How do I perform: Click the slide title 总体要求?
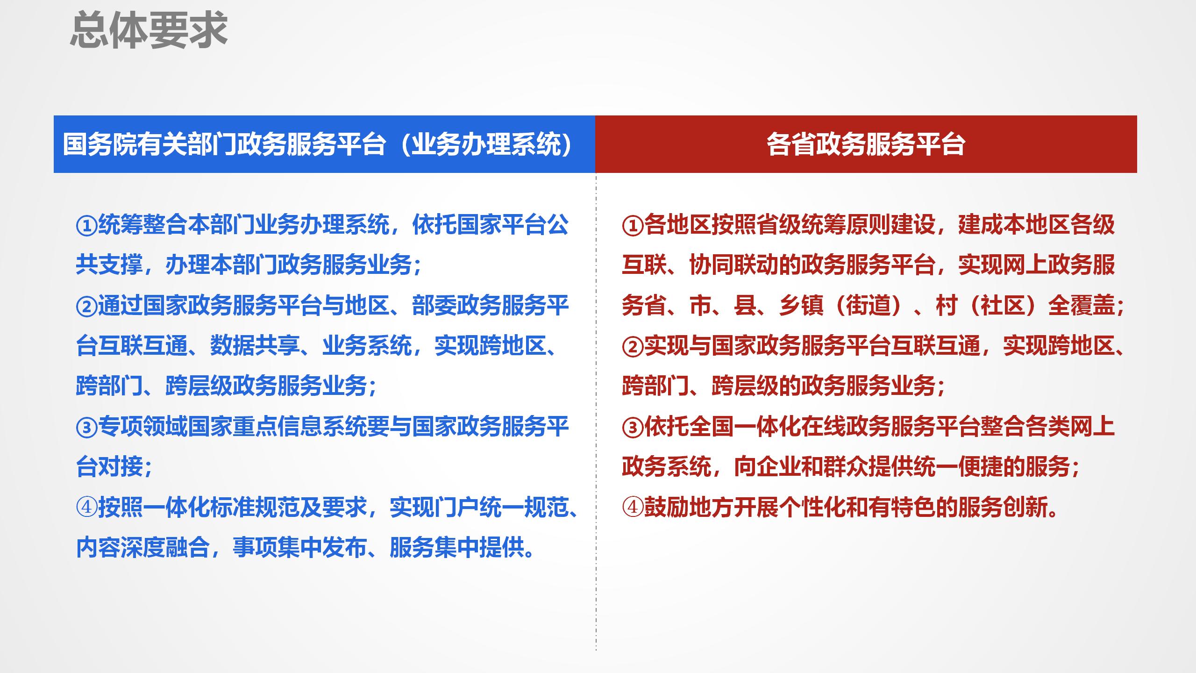click(149, 31)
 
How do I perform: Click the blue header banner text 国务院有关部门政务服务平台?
click(224, 144)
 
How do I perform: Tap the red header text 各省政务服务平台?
click(866, 144)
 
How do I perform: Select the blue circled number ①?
click(86, 226)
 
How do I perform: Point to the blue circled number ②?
click(86, 307)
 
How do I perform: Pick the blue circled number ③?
click(86, 427)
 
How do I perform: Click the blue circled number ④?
click(86, 508)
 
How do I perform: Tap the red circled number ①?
click(633, 226)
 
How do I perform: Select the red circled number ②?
click(633, 347)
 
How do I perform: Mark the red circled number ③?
click(633, 427)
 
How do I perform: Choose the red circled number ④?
click(633, 508)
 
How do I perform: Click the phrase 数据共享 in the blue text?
click(255, 347)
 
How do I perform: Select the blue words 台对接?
click(109, 467)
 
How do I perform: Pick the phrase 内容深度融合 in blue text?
click(143, 548)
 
